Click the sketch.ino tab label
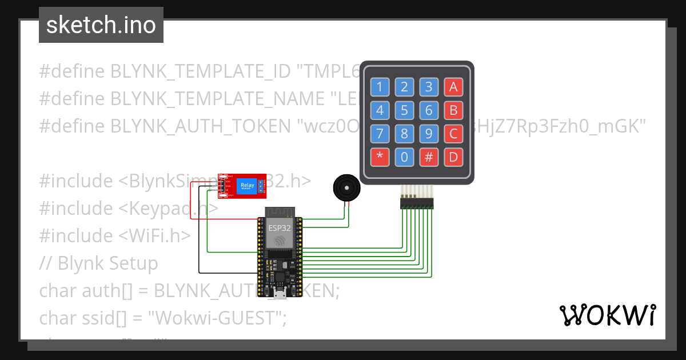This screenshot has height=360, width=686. coord(101,25)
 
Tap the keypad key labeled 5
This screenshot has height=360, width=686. coord(404,110)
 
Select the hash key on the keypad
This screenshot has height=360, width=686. coord(429,157)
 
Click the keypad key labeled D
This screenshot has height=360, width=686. coord(453,157)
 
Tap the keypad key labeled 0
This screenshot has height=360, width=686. coord(404,157)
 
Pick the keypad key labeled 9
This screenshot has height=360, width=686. coord(429,134)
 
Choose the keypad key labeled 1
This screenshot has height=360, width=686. coord(380,87)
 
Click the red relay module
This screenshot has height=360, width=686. coord(242,186)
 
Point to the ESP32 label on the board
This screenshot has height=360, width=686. coord(280,227)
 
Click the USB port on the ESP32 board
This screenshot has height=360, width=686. coord(280,294)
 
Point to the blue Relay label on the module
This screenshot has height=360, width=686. coord(248,185)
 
